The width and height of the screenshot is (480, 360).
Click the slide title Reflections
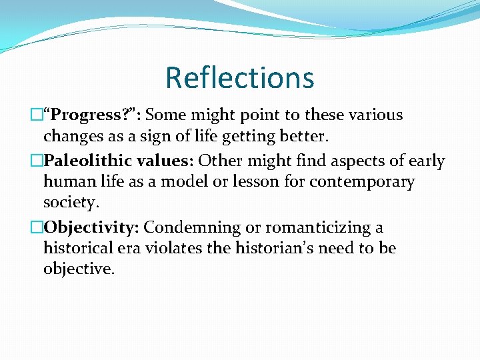click(x=239, y=77)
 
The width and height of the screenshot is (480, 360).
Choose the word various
click(x=375, y=115)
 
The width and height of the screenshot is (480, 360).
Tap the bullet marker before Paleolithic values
click(x=38, y=161)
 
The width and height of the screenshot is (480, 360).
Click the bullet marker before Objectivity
click(x=38, y=227)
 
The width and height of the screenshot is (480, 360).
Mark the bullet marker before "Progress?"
click(x=38, y=115)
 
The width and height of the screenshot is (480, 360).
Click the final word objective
click(x=79, y=269)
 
